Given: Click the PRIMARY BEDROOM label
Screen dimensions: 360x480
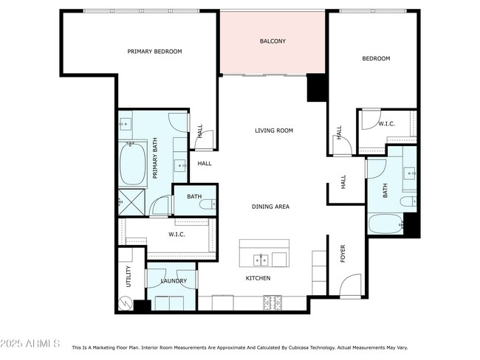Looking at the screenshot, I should coord(154,52).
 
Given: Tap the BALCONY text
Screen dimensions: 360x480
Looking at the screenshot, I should coord(272,41).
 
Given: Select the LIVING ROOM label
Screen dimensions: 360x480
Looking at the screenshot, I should coord(274,131).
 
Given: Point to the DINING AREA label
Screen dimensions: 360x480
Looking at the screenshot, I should coord(270,207).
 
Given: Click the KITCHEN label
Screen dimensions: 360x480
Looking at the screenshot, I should coord(258,278).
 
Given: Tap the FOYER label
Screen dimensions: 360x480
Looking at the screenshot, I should coord(342,254).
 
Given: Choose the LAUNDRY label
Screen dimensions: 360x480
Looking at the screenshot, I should coord(174,281).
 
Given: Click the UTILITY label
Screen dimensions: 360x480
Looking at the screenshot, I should coord(128,277).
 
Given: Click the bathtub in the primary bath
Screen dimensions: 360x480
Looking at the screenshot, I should coord(134,164).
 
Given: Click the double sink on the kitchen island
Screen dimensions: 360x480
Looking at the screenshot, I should coord(260,259).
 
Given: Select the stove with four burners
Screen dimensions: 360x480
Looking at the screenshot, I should coord(272,302).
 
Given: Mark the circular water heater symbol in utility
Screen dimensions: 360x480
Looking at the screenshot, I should coord(125,303).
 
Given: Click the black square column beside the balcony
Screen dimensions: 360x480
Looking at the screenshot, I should coord(316,88).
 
